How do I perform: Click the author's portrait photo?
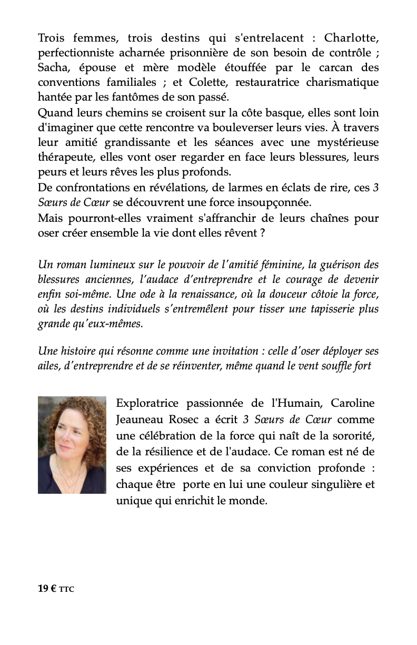(72, 445)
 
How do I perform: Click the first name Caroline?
(352, 404)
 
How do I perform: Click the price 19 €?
(47, 589)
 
